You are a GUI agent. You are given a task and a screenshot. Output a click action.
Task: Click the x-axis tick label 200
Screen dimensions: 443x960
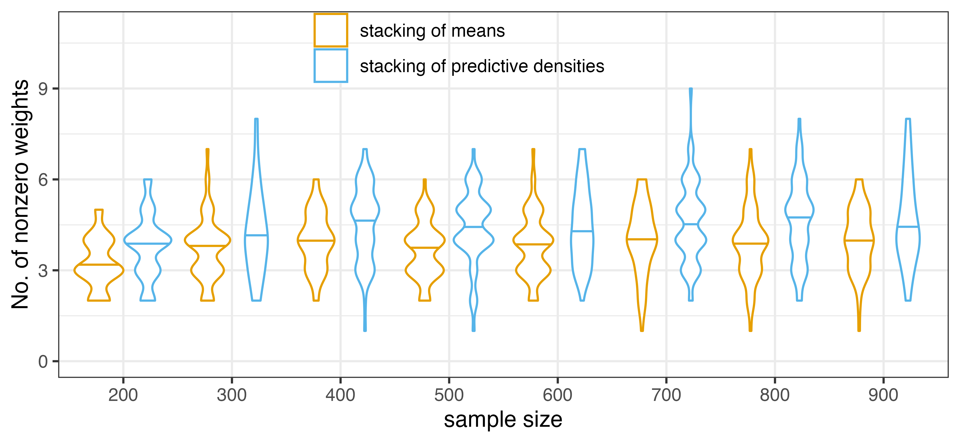[x=123, y=395]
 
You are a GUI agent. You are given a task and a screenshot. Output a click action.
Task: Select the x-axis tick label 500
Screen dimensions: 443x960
[x=449, y=395]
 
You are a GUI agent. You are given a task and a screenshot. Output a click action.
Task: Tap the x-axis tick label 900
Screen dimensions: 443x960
[x=883, y=395]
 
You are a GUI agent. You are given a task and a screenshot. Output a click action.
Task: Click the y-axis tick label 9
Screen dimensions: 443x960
[x=43, y=89]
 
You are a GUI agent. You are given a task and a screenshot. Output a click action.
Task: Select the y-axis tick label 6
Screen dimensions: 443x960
[x=43, y=180]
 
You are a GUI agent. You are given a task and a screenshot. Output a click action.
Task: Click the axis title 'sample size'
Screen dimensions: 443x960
[x=503, y=420]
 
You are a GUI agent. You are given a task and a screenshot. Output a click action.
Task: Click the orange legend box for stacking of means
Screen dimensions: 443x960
[x=331, y=30]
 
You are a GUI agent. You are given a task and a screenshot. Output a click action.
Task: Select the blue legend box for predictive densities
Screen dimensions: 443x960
[x=331, y=65]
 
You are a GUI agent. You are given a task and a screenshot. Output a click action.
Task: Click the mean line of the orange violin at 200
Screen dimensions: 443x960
[x=99, y=265]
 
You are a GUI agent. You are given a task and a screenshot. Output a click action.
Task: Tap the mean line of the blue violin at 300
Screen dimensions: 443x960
[x=256, y=235]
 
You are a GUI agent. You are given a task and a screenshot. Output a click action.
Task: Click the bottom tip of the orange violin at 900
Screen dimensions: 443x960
[x=859, y=330]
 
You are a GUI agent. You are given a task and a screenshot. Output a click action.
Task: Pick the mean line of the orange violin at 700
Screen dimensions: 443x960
[x=642, y=239]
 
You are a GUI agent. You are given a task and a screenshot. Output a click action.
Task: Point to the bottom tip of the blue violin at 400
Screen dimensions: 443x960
[x=365, y=330]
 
